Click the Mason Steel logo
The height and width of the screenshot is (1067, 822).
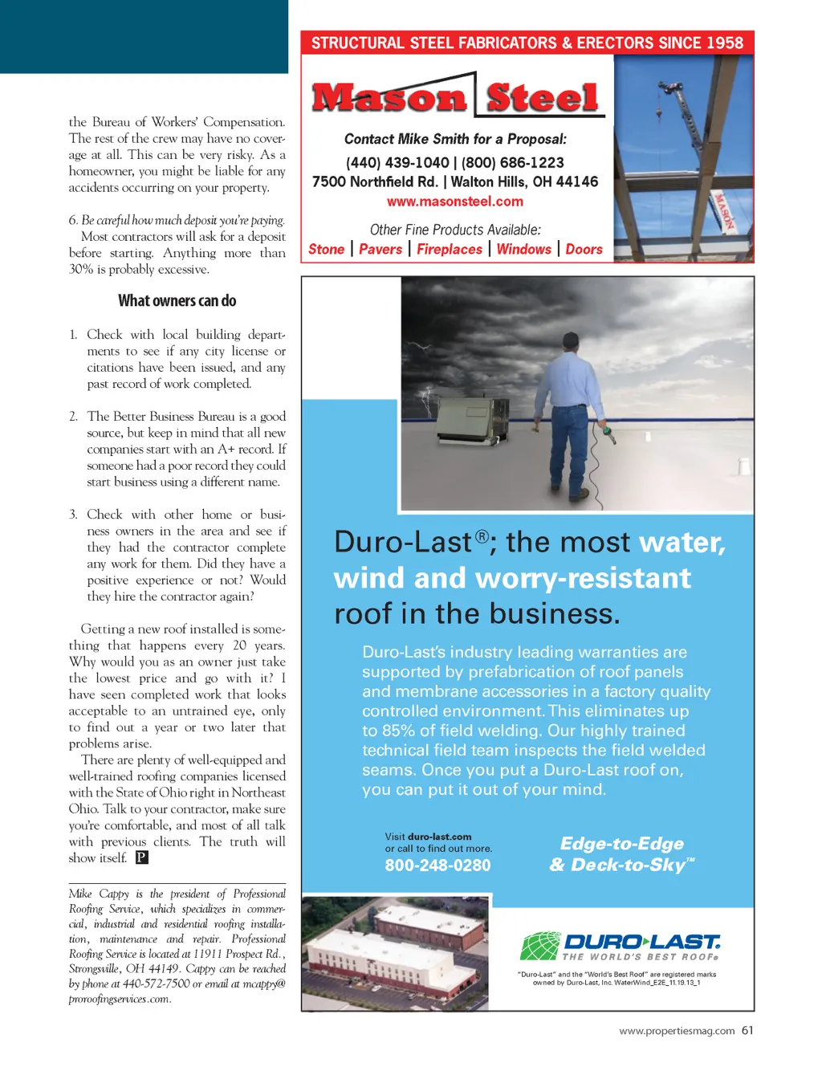coord(456,97)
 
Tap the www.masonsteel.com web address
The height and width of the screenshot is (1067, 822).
coord(454,202)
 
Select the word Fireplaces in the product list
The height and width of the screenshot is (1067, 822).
coord(450,250)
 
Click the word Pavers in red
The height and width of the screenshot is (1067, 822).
coord(380,250)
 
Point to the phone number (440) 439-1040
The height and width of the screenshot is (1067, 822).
coord(397,163)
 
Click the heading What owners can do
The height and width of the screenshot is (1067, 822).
coord(177,301)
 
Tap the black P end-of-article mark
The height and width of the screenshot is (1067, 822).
coord(141,857)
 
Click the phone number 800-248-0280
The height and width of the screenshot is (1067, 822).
coord(437,865)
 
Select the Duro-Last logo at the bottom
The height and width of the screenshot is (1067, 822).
coord(620,946)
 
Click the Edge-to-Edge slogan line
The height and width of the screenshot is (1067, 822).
coord(622,844)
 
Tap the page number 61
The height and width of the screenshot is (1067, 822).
coord(747,1031)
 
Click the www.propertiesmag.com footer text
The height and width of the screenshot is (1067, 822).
coord(677,1032)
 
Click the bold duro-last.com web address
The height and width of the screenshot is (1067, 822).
coord(439,837)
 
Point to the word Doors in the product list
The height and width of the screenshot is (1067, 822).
coord(584,250)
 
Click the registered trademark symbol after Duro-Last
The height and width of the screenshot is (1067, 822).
coord(482,536)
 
